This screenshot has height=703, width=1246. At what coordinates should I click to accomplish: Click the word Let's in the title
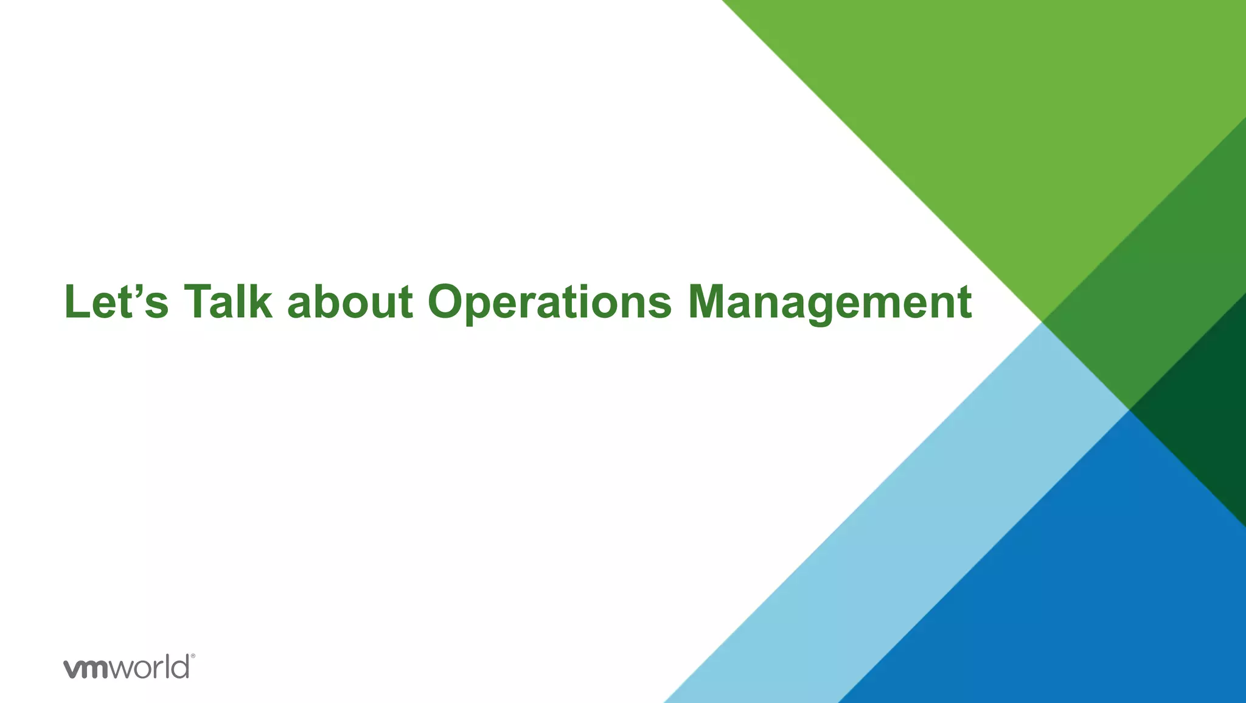tap(116, 302)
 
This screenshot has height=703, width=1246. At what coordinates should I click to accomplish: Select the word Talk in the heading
tap(228, 302)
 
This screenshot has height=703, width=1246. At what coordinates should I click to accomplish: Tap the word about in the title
tap(350, 302)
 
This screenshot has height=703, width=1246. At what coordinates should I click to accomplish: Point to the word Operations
tap(549, 302)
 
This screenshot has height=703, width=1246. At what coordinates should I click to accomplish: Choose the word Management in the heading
tap(830, 302)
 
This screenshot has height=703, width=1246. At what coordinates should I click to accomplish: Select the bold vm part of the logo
tap(86, 668)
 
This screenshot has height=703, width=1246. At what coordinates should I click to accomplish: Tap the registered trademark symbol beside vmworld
tap(193, 657)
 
